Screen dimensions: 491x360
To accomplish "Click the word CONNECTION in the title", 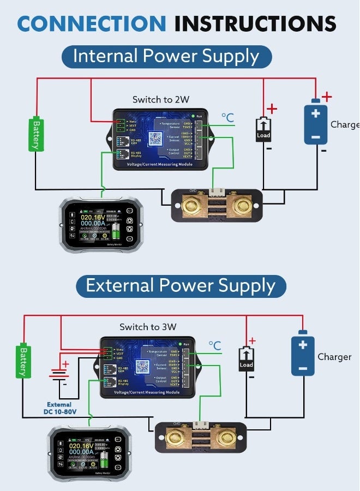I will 91,23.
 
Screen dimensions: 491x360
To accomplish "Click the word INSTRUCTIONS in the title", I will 255,23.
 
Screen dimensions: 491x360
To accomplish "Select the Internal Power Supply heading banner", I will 166,57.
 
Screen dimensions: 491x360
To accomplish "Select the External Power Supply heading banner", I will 181,286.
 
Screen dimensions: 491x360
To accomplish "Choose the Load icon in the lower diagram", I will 247,360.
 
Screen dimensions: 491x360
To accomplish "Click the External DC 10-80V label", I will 59,408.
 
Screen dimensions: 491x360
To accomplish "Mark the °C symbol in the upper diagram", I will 227,118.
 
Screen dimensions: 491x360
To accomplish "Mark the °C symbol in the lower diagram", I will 215,345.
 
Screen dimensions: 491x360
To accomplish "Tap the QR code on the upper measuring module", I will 157,138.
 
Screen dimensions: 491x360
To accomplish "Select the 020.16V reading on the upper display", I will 93,218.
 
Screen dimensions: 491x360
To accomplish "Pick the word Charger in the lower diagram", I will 334,357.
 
